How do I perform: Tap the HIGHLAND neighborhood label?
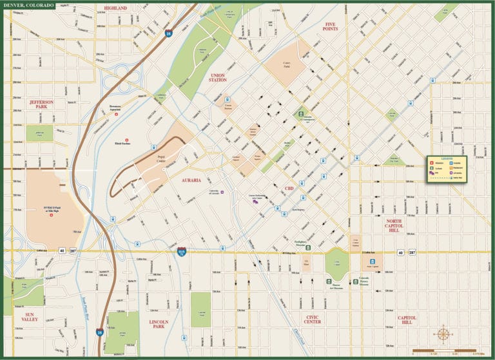pos(116,8)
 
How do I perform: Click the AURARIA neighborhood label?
pos(191,180)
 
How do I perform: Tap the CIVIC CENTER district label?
pos(312,319)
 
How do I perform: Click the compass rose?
pos(443,334)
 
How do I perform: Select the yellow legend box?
pos(447,169)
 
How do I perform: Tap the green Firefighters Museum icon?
pos(308,247)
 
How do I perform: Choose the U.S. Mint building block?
pos(307,263)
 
